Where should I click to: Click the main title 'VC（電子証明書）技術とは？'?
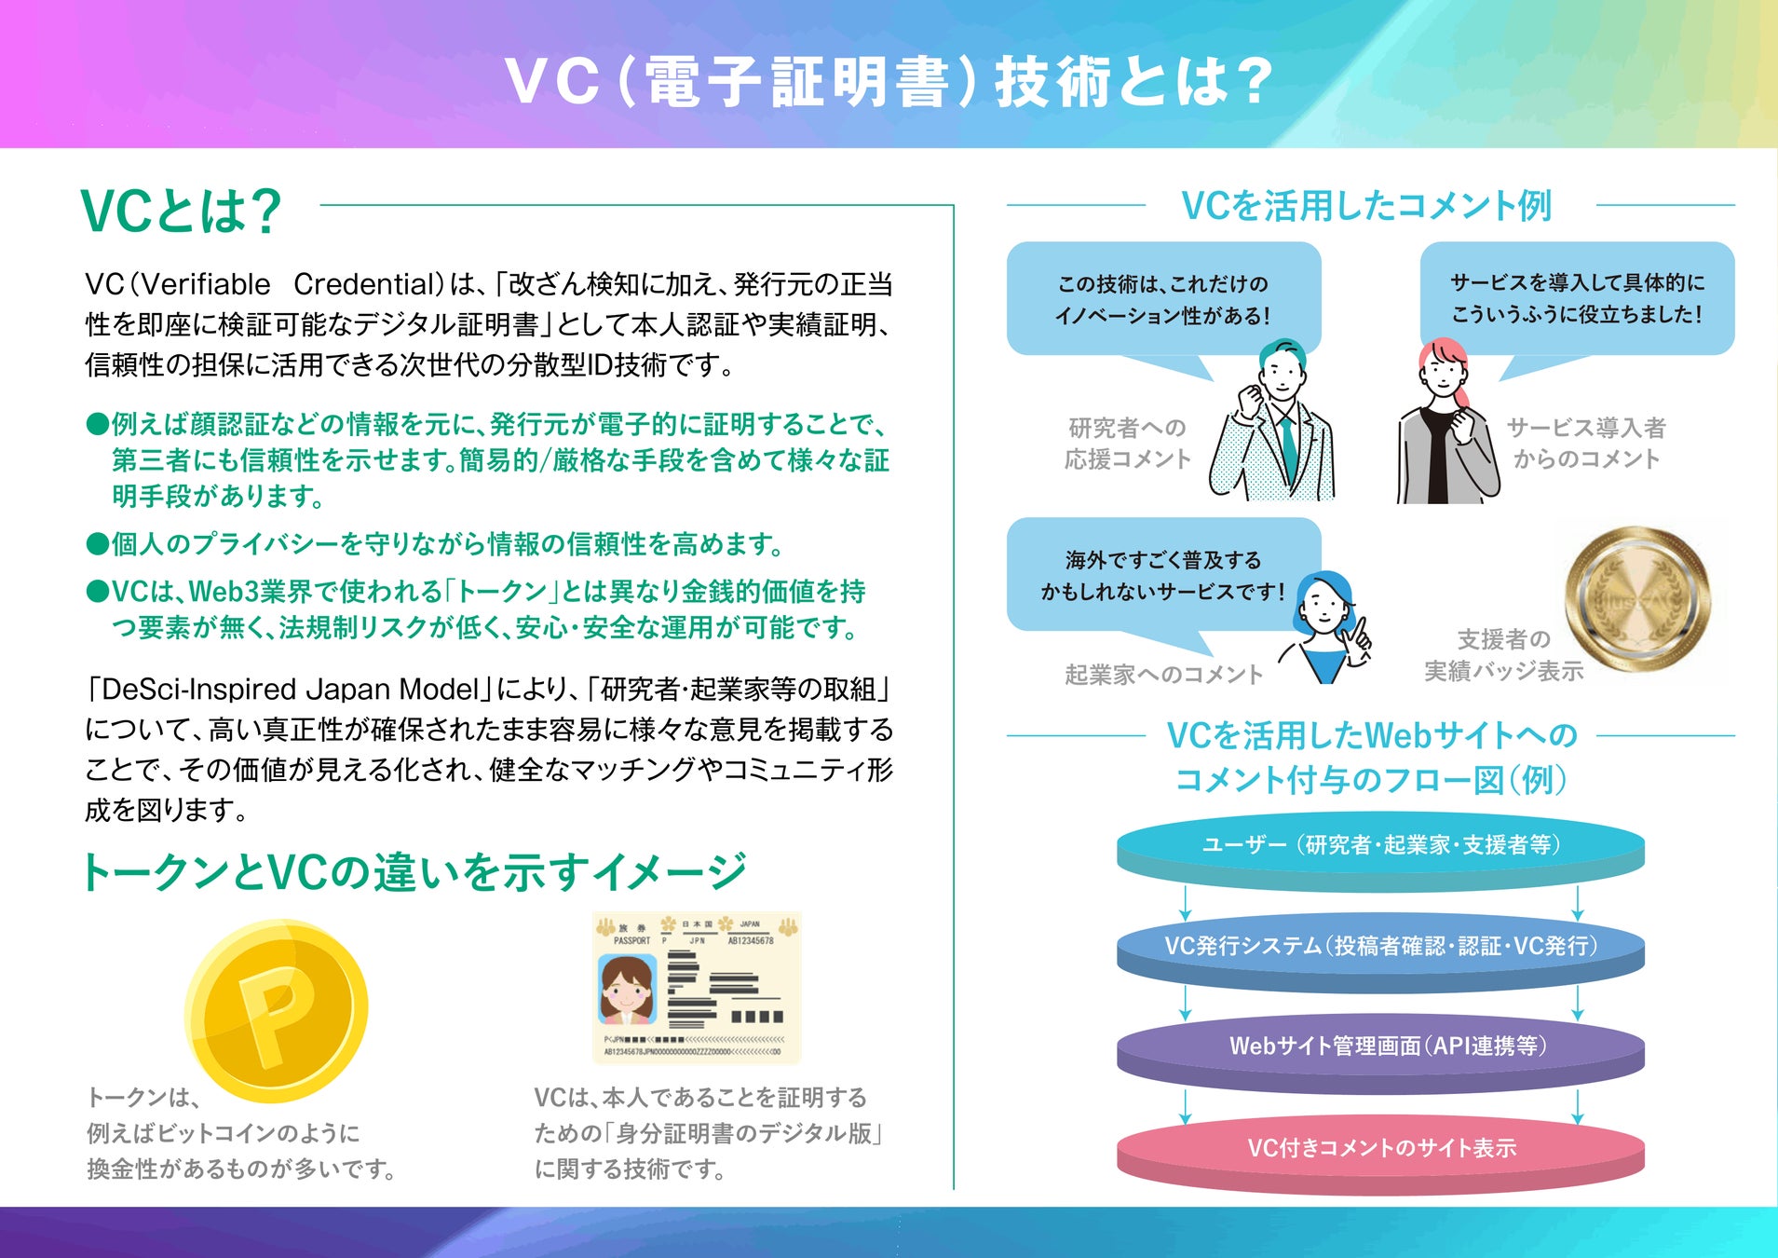click(x=889, y=81)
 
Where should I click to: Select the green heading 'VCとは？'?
click(x=182, y=211)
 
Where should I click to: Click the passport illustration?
click(x=697, y=988)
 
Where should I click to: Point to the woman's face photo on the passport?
click(x=625, y=991)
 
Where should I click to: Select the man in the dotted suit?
click(x=1277, y=424)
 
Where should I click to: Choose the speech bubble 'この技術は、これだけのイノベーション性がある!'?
click(x=1163, y=299)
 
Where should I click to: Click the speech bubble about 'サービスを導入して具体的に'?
click(x=1577, y=298)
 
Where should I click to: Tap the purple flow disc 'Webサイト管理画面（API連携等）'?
click(x=1380, y=1047)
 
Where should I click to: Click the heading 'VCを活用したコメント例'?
click(x=1366, y=206)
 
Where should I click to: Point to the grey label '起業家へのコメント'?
click(x=1163, y=675)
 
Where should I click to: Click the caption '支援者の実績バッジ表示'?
click(x=1503, y=655)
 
